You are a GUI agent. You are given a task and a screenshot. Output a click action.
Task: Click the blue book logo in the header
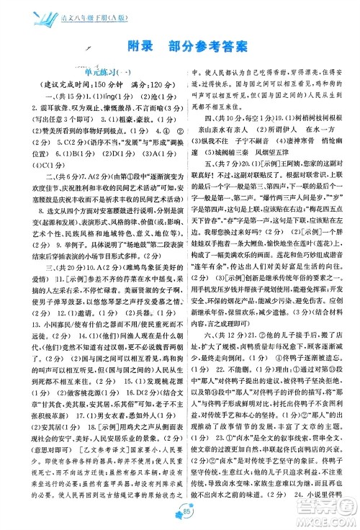click(x=24, y=10)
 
